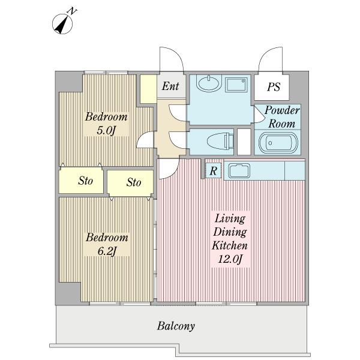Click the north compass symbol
tap(62, 23)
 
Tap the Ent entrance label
tap(170, 86)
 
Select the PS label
tap(274, 87)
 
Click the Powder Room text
tap(282, 117)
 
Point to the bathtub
tap(278, 143)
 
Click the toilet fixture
tap(220, 141)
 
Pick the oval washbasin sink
tap(209, 83)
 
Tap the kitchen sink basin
tap(239, 170)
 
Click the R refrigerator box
tap(213, 170)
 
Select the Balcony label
tap(176, 326)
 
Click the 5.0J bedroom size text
tap(106, 131)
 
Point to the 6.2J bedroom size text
tap(107, 251)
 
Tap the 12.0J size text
tap(230, 259)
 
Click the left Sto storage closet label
tap(86, 181)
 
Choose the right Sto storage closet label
tap(134, 182)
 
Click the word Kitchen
tap(230, 245)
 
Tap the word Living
tap(230, 218)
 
